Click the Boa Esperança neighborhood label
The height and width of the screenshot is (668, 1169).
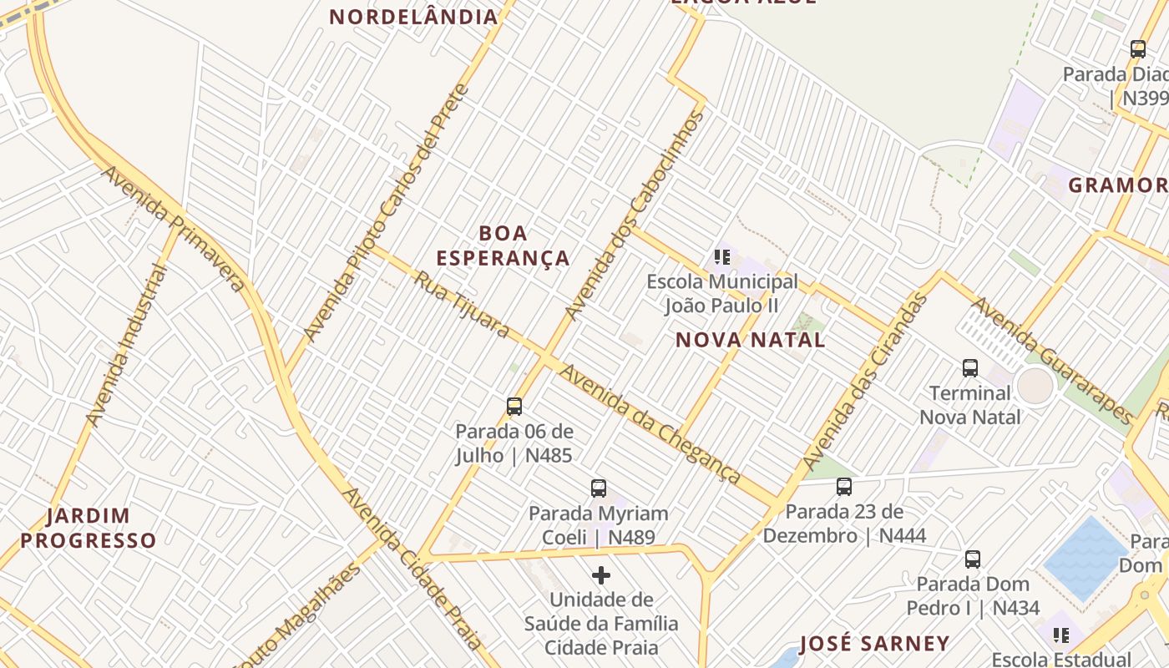(x=503, y=245)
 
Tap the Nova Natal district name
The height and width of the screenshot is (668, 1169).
(x=750, y=340)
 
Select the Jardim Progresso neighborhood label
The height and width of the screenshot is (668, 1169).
(x=89, y=528)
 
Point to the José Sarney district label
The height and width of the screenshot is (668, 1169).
(x=874, y=644)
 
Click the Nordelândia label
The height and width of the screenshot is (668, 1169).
(x=413, y=16)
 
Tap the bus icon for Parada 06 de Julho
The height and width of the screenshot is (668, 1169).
(x=514, y=407)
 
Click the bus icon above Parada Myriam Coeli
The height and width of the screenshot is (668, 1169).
(x=598, y=488)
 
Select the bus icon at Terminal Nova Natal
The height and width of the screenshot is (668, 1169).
(x=969, y=367)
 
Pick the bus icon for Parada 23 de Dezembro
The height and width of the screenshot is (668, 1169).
(x=844, y=487)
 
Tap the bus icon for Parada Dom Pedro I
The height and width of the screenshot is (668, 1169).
(x=973, y=559)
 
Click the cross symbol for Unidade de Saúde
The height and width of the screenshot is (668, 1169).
(x=601, y=575)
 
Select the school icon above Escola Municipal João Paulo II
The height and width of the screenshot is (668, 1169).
(x=722, y=257)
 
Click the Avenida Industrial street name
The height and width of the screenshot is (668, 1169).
(x=126, y=345)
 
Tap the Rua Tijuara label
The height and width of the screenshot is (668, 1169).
(x=461, y=305)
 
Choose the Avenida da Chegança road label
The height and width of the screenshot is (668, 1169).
(x=650, y=423)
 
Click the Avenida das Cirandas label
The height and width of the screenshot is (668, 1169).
(x=865, y=382)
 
